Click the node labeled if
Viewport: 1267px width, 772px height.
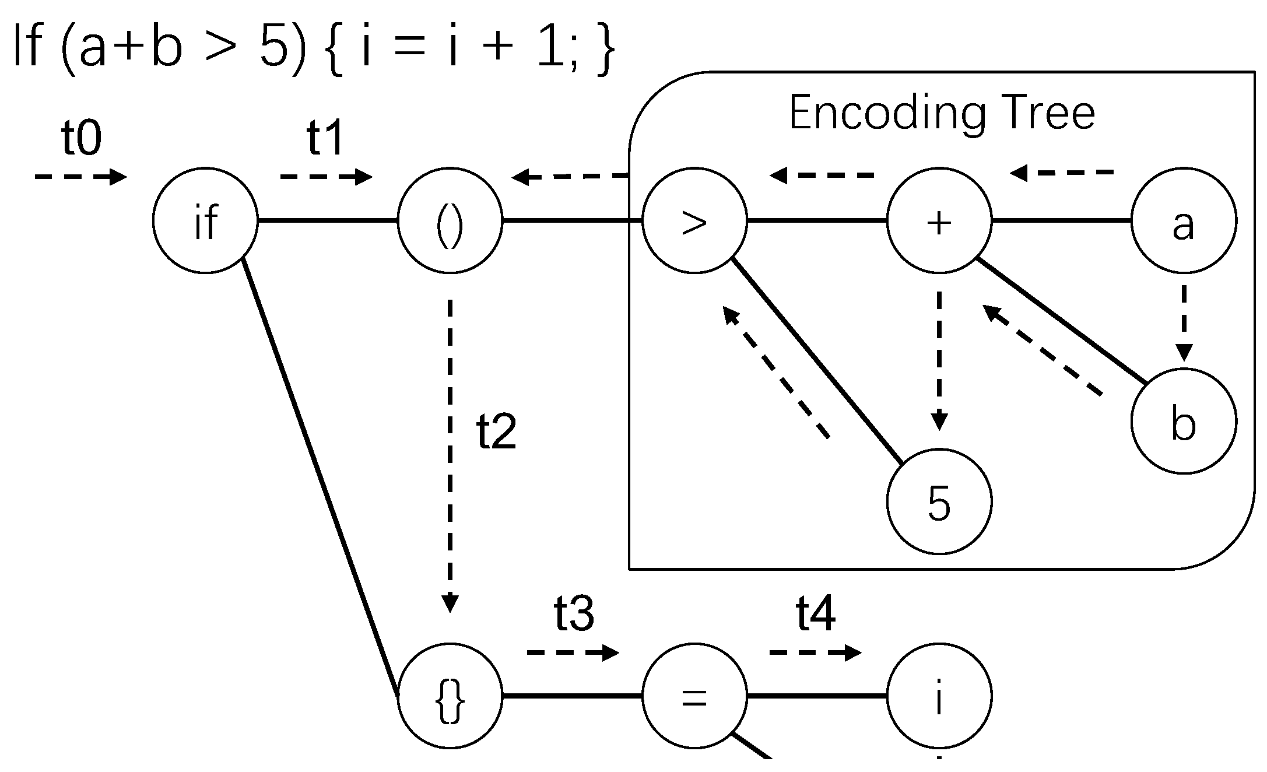(x=205, y=220)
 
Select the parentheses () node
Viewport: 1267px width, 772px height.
(x=450, y=220)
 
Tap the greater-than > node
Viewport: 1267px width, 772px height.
(x=694, y=220)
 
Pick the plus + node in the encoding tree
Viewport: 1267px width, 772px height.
(x=939, y=220)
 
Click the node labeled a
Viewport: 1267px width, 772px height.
(x=1183, y=220)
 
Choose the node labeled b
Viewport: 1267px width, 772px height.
(x=1183, y=420)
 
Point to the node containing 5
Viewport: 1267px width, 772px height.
(x=939, y=501)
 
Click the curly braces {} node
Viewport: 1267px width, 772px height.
(x=450, y=696)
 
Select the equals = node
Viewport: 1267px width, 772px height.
(x=694, y=696)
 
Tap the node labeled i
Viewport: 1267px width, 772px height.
(x=939, y=696)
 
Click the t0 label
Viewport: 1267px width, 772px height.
(x=81, y=139)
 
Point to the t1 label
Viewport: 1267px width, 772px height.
(x=325, y=139)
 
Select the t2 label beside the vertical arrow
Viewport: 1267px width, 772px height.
(x=496, y=432)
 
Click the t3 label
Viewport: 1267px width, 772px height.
(x=574, y=614)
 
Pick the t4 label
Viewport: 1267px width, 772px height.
(x=815, y=614)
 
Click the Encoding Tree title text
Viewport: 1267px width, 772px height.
(x=941, y=113)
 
